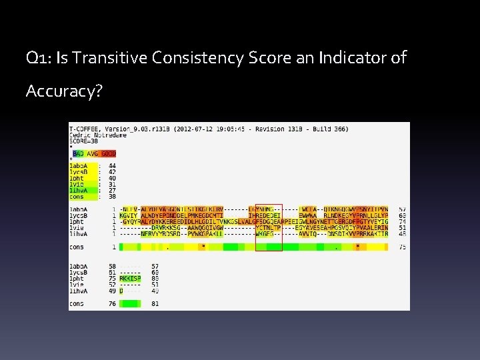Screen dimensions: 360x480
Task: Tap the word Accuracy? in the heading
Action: pos(64,91)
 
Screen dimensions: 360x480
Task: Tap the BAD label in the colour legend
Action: pos(78,154)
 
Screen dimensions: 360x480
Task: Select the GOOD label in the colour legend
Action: pos(108,154)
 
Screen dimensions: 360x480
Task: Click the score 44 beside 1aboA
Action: pos(111,165)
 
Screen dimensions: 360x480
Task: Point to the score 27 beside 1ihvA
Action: pos(111,190)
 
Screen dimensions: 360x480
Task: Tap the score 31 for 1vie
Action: pos(111,184)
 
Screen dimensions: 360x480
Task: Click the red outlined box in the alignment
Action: pos(269,227)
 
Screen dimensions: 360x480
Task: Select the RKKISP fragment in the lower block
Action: pos(130,279)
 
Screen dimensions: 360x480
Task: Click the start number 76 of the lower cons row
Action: pos(111,304)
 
